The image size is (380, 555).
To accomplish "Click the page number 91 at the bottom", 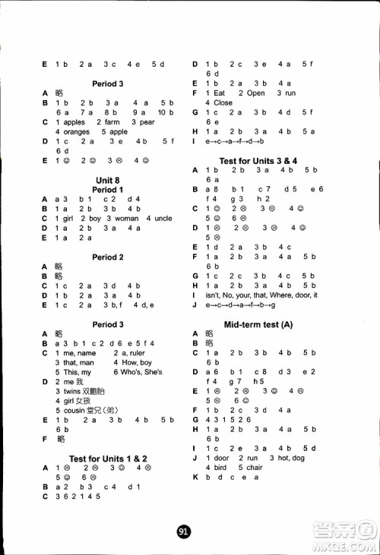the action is [x=182, y=532].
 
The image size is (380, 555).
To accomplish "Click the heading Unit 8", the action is [x=107, y=179].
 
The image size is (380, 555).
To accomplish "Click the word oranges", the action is [x=72, y=131].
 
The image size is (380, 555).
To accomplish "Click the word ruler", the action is [x=131, y=353].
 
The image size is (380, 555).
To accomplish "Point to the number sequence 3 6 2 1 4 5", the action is [x=78, y=497].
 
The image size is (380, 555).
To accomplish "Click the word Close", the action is [x=223, y=102].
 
